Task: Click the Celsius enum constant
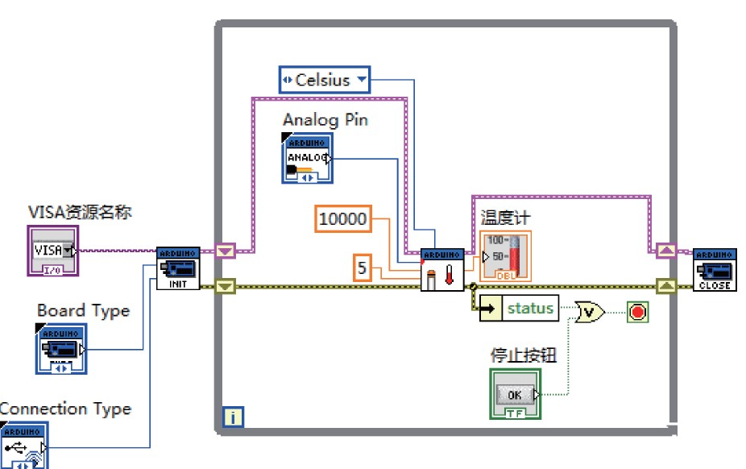tap(324, 80)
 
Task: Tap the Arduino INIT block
tap(177, 268)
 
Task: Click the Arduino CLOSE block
tap(715, 269)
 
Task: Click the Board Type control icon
tap(61, 348)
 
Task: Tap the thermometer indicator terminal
tap(505, 257)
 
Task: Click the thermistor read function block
tap(442, 270)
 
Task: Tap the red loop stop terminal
tap(638, 311)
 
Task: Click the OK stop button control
tap(515, 394)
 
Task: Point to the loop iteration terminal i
tap(232, 417)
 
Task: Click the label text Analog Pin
tap(325, 119)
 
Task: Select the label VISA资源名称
tap(80, 213)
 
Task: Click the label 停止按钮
tap(524, 355)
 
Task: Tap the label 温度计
tap(506, 218)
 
